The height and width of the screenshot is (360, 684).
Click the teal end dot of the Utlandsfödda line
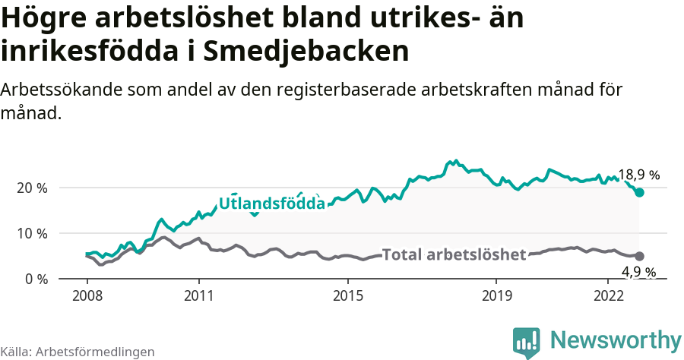(x=640, y=192)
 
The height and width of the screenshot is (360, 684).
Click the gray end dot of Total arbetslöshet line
(x=640, y=257)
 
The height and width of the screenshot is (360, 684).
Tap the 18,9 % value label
(x=638, y=175)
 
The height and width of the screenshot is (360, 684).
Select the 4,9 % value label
(x=638, y=272)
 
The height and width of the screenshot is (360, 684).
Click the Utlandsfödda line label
(x=272, y=204)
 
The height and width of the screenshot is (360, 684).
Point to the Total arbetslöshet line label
(x=454, y=254)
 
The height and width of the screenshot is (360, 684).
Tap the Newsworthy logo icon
(x=526, y=342)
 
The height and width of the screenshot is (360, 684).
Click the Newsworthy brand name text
(x=616, y=339)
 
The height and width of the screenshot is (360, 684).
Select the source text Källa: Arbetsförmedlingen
(x=78, y=352)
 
